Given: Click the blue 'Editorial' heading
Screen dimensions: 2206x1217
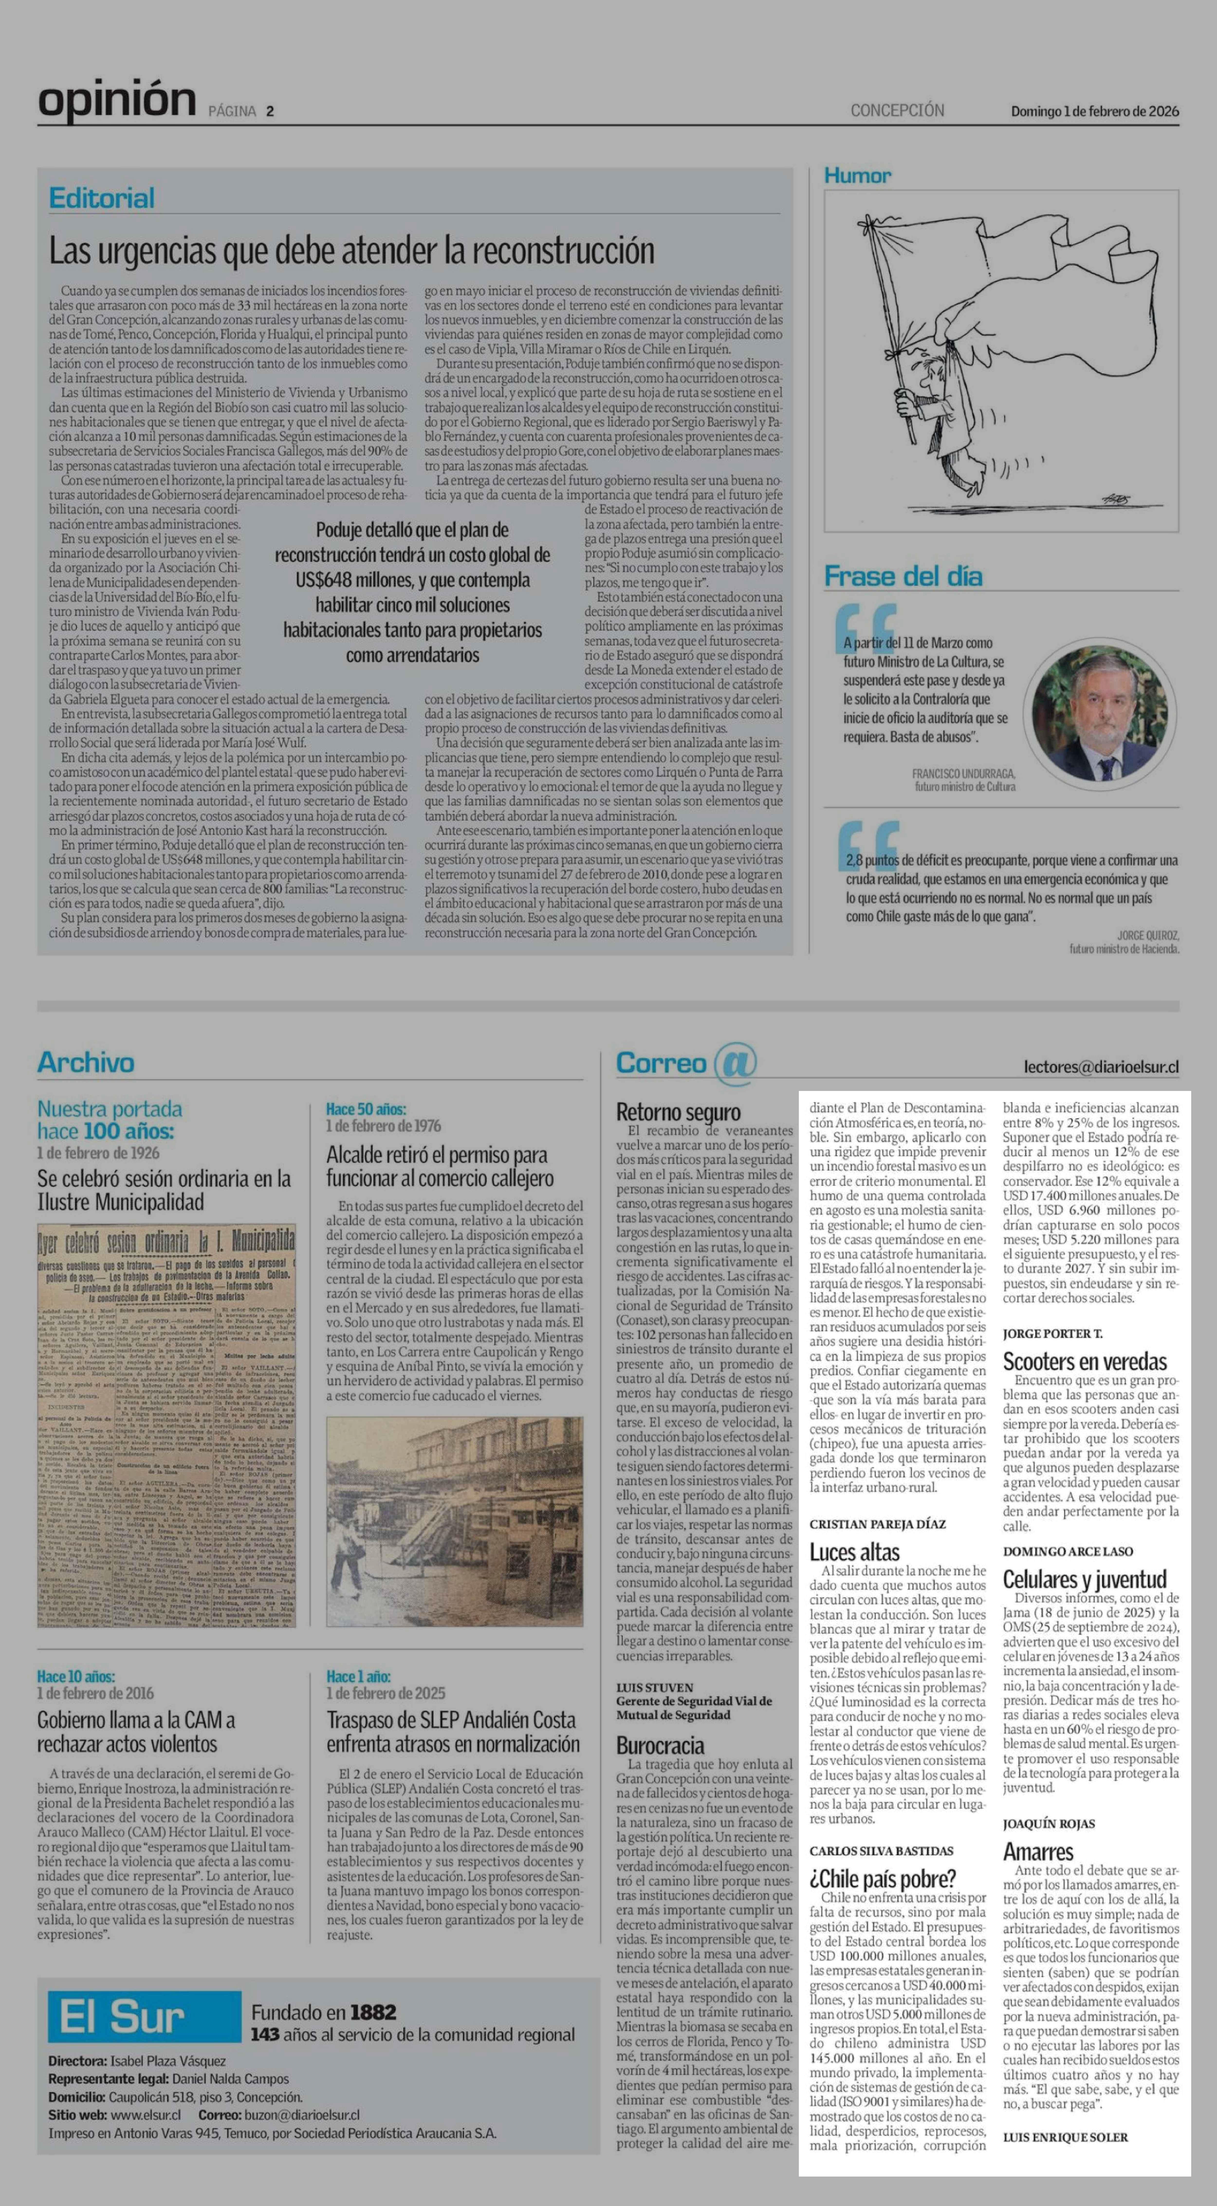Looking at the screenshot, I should click(x=102, y=199).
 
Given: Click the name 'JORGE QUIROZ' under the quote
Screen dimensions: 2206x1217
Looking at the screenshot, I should click(x=1148, y=935).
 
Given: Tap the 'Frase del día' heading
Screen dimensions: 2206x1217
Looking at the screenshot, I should click(x=903, y=576).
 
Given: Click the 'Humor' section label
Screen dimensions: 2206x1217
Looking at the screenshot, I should click(x=857, y=175).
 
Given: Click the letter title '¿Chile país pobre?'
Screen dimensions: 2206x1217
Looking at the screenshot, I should click(x=882, y=1879).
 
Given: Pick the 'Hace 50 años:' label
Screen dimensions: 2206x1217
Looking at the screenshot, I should click(x=366, y=1109).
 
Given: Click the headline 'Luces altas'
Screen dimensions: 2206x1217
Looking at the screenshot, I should click(x=854, y=1552).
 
